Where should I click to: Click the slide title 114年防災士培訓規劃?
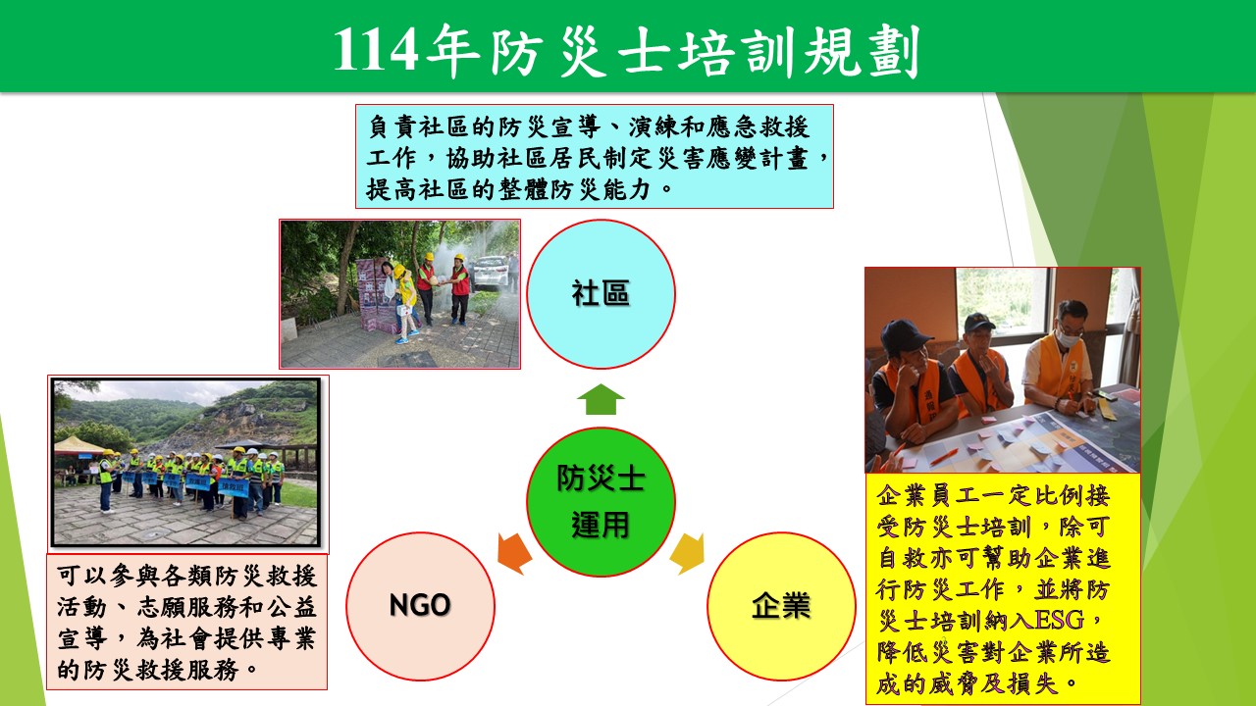[627, 50]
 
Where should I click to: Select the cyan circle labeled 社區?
[601, 294]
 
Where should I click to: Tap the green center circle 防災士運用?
[601, 501]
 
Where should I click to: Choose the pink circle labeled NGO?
[420, 606]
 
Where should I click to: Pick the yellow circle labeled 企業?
[781, 606]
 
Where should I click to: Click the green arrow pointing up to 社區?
[601, 399]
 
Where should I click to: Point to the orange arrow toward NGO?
[514, 553]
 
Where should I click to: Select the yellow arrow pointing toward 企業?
[688, 553]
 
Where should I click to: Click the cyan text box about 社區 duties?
[595, 156]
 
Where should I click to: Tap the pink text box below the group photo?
[186, 622]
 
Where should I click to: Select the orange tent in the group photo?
[78, 446]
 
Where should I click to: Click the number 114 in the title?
[376, 51]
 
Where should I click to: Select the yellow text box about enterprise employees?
[1003, 589]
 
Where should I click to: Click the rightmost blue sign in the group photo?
[234, 488]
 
